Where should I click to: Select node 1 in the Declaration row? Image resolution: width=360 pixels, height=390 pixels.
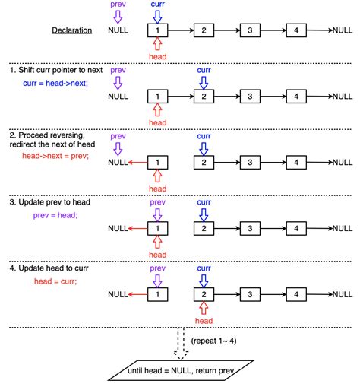coord(157,31)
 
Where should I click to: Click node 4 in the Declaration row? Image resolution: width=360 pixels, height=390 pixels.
coord(296,31)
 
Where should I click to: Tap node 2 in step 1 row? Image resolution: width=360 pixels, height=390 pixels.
coord(204,97)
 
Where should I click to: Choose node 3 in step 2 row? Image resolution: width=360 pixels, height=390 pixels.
coord(250,162)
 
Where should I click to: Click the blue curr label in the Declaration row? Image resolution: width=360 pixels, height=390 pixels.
coord(157,5)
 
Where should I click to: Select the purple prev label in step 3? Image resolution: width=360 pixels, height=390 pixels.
coord(157,203)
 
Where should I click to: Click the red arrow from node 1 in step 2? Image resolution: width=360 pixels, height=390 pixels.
coord(137,162)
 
